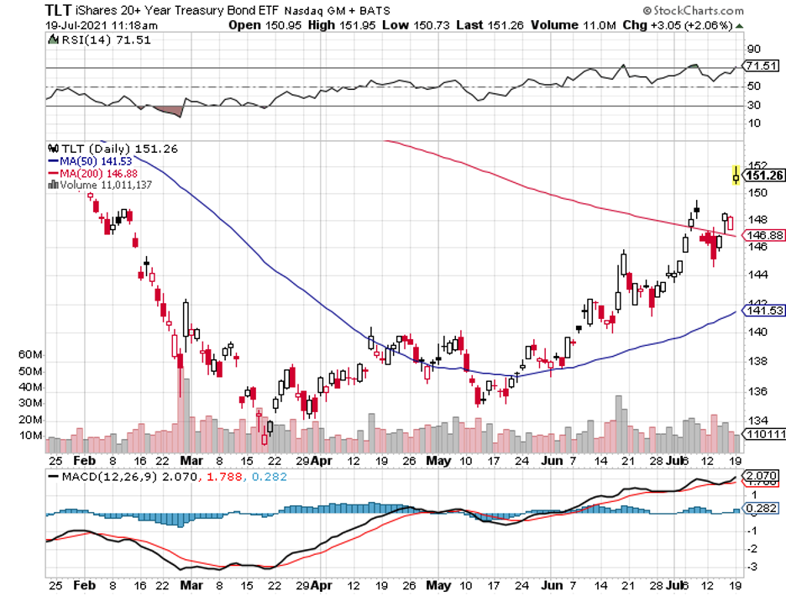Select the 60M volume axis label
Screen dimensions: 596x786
coord(30,355)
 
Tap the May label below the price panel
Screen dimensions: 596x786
coord(437,459)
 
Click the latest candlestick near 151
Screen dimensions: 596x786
coord(736,175)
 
